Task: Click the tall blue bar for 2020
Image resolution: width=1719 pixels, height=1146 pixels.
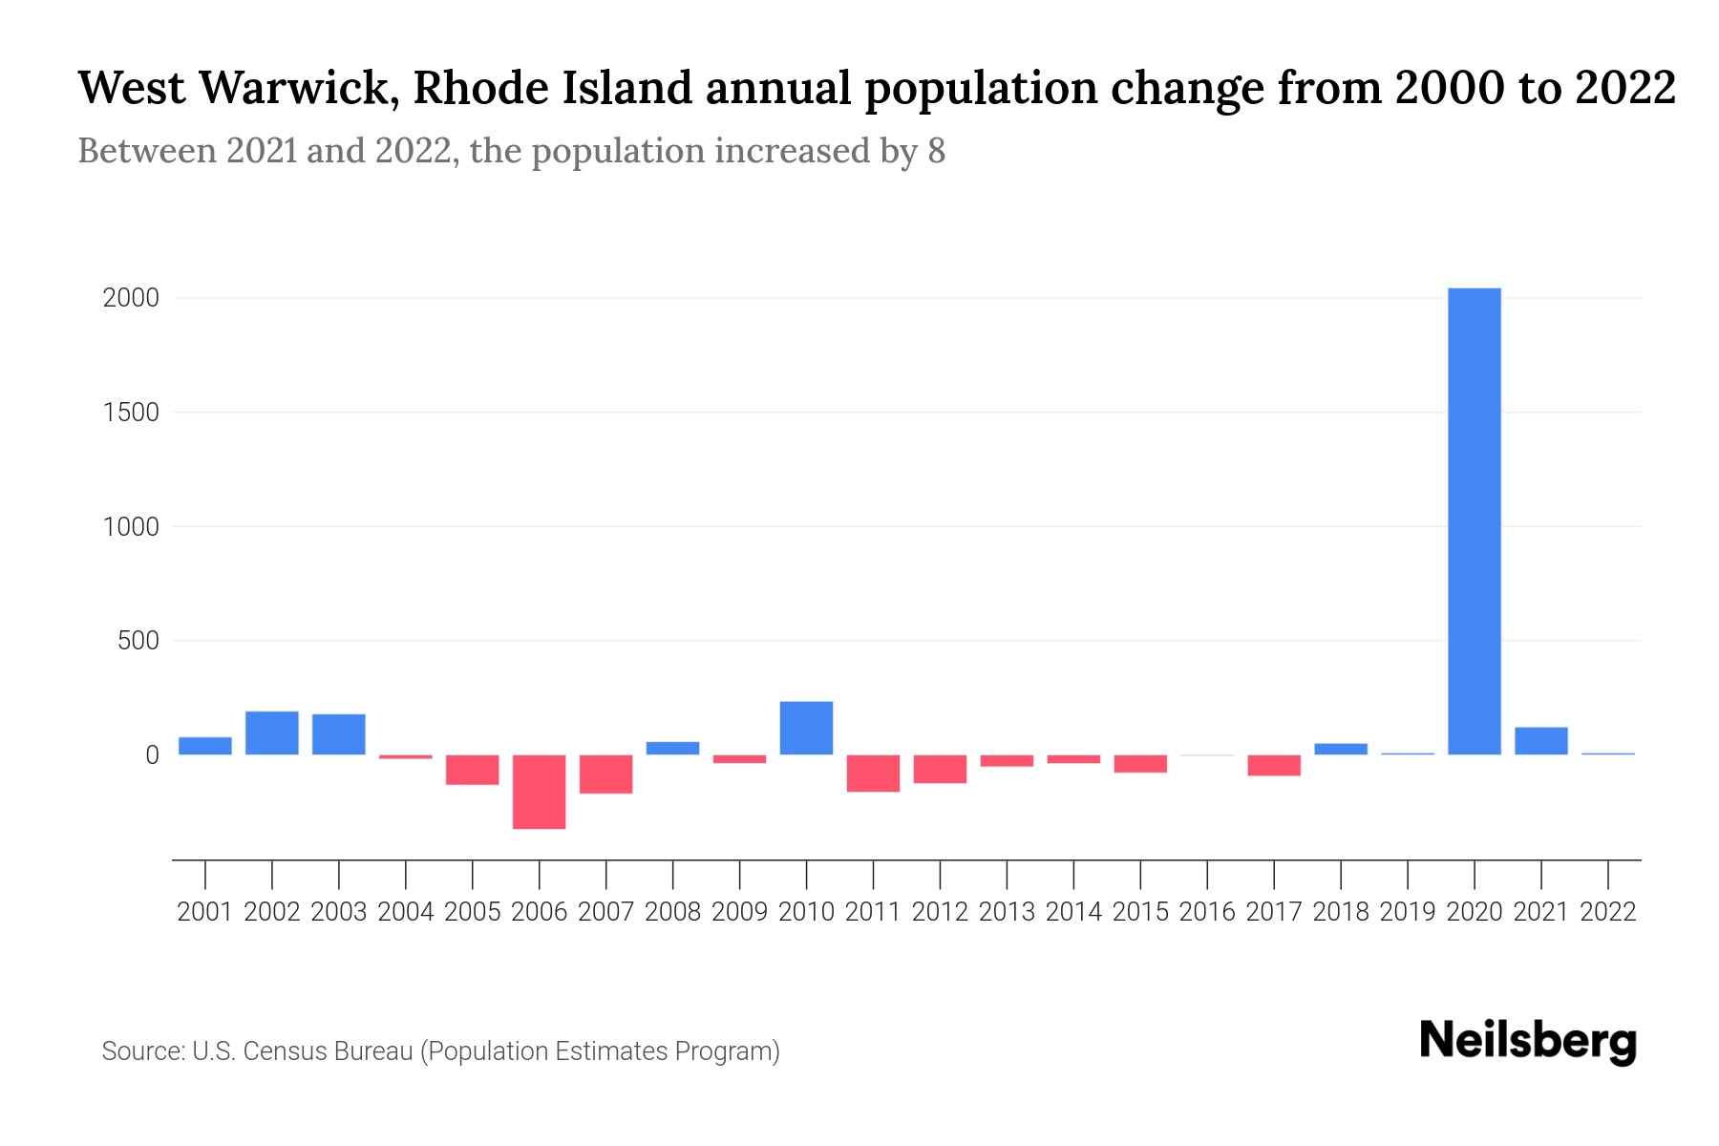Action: click(x=1475, y=521)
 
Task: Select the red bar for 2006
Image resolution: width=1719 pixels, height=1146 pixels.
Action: click(x=539, y=792)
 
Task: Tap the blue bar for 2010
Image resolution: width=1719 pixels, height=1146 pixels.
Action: click(x=806, y=728)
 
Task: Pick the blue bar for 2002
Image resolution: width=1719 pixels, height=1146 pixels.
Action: click(x=272, y=732)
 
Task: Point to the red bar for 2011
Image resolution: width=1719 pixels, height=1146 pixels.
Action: click(x=873, y=773)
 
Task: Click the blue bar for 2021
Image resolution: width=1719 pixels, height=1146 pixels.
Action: click(x=1541, y=741)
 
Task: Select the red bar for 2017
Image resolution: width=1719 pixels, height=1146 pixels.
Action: click(x=1274, y=765)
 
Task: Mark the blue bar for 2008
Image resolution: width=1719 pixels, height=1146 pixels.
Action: click(x=672, y=748)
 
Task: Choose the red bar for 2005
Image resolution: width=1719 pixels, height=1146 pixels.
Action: click(x=472, y=770)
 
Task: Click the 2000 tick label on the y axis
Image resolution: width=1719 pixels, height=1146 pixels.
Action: click(x=131, y=298)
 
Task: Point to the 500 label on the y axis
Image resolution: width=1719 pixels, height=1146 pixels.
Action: click(x=138, y=641)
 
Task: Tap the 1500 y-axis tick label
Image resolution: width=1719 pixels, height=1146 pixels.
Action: click(x=131, y=413)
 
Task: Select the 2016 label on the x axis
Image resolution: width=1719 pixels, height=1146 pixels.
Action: click(x=1207, y=912)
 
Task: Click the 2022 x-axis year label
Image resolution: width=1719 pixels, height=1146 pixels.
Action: click(x=1608, y=912)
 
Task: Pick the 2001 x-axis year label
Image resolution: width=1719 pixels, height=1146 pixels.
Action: click(x=205, y=912)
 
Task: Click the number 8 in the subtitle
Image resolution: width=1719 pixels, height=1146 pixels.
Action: click(x=936, y=151)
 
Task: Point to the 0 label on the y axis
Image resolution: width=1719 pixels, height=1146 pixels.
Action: click(x=152, y=755)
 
